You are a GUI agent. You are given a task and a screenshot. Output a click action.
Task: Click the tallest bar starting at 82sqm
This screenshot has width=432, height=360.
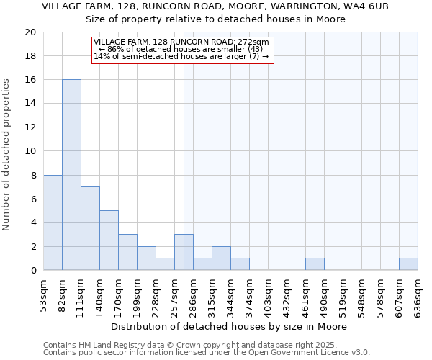[71, 175]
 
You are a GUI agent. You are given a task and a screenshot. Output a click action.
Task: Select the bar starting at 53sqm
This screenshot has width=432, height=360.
[53, 222]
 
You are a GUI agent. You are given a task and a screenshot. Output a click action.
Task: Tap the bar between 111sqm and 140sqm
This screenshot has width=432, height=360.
[90, 228]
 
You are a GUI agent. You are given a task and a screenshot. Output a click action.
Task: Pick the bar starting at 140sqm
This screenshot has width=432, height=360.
[109, 240]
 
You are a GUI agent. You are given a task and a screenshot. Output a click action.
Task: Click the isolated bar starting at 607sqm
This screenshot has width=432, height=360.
[408, 264]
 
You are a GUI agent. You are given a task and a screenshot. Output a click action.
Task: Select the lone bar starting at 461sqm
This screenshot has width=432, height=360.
[315, 264]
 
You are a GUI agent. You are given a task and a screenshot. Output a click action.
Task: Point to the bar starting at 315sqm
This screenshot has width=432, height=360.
[221, 258]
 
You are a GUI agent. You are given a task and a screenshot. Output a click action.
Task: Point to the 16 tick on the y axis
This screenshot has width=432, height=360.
[30, 80]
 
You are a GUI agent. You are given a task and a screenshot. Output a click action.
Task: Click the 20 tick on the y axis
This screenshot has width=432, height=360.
[30, 32]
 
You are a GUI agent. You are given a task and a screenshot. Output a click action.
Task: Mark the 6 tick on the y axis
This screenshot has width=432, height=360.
[33, 199]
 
